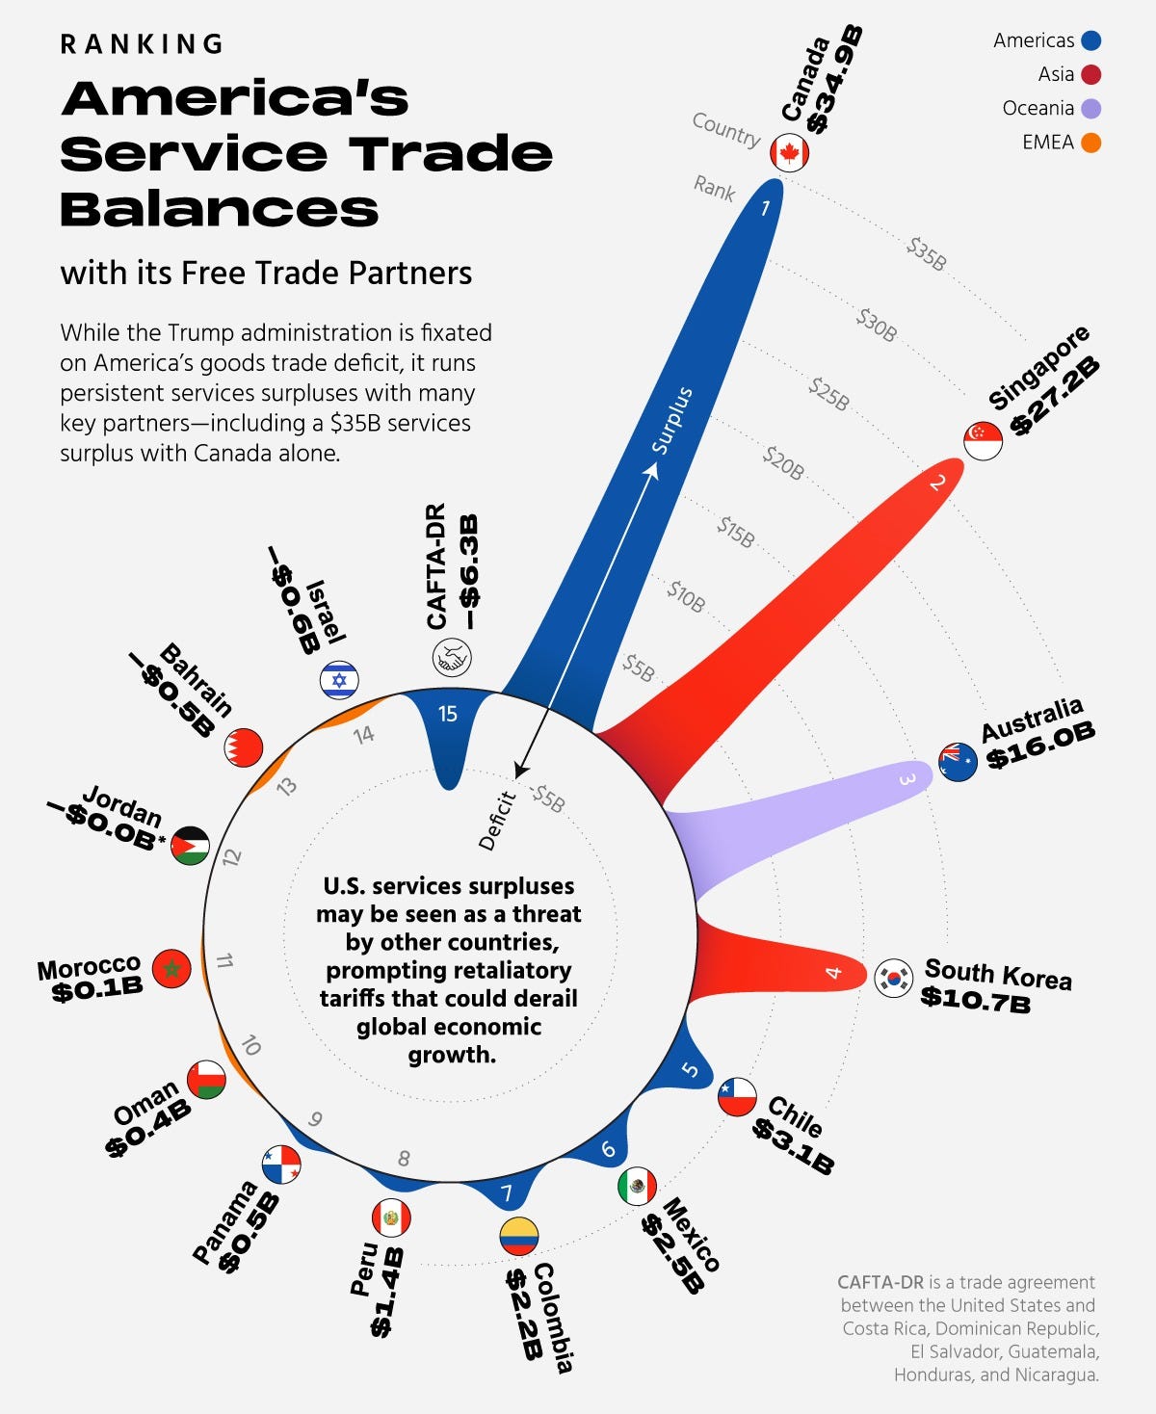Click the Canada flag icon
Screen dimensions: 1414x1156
point(789,153)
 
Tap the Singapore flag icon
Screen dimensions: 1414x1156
point(983,441)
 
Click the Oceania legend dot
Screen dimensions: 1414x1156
point(1090,108)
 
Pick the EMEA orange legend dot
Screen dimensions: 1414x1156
point(1090,143)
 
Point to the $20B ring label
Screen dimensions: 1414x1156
point(783,462)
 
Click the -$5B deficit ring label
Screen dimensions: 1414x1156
point(547,798)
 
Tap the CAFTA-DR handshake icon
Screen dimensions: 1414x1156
point(450,659)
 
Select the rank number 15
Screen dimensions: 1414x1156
point(448,714)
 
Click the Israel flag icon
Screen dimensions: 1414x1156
point(339,680)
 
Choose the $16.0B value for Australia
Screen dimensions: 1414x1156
point(1040,747)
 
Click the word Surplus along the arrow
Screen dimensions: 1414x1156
point(671,420)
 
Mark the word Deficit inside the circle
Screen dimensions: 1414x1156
point(497,821)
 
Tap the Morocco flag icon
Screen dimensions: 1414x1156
point(171,968)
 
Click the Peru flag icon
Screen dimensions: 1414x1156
point(391,1218)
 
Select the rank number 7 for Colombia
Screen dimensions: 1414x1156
point(507,1194)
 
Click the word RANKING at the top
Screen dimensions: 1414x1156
point(142,44)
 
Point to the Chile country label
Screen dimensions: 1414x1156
point(796,1116)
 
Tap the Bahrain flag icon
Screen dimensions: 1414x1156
point(243,747)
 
